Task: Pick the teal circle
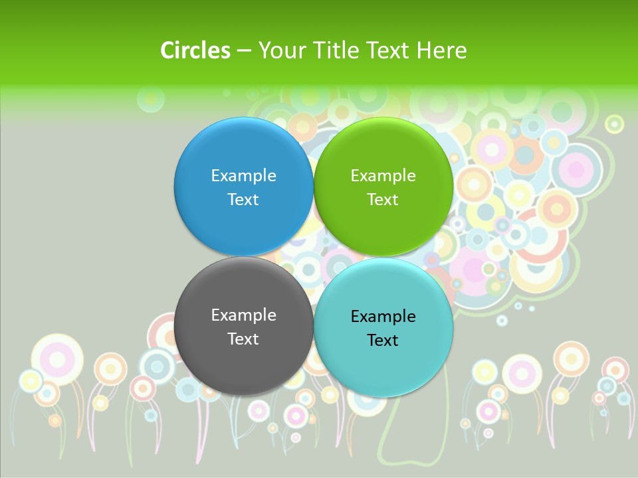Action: point(383,328)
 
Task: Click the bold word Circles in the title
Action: point(195,50)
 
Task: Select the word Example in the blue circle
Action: point(243,175)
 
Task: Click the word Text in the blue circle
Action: point(243,199)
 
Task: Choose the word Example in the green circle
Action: point(383,175)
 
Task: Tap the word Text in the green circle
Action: point(383,199)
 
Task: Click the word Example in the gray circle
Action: point(243,315)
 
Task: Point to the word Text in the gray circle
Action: point(243,339)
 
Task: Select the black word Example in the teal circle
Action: point(383,316)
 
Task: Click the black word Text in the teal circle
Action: point(383,340)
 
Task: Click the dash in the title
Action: point(244,50)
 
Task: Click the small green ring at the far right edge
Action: point(615,123)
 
